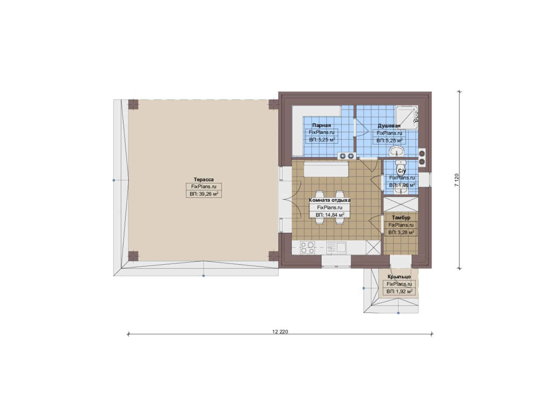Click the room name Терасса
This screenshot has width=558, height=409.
coord(204,180)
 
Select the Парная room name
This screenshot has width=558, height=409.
coord(322,125)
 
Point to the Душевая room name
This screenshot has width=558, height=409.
coord(389,126)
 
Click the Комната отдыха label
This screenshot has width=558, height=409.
coord(330,200)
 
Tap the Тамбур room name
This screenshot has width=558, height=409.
coord(401,218)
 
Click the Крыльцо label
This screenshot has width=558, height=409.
coord(399,277)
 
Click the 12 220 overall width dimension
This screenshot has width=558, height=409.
coord(280,331)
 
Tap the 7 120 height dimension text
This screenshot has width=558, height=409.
coord(457,180)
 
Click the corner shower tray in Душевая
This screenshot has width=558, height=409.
coord(407,117)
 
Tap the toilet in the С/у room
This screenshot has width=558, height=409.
coord(401,165)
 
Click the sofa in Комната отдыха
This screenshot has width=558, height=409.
coord(326,169)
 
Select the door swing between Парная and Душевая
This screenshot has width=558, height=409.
coord(361,127)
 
